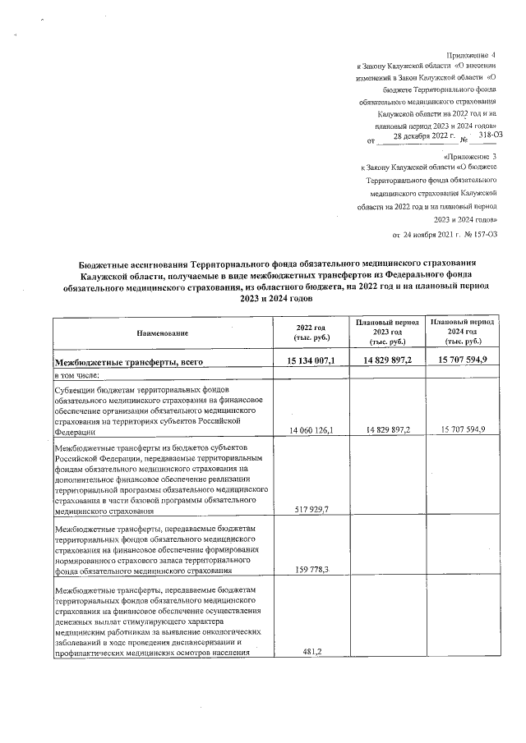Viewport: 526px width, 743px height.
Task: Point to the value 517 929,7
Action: (x=311, y=510)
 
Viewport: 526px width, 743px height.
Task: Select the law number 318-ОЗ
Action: (x=490, y=135)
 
